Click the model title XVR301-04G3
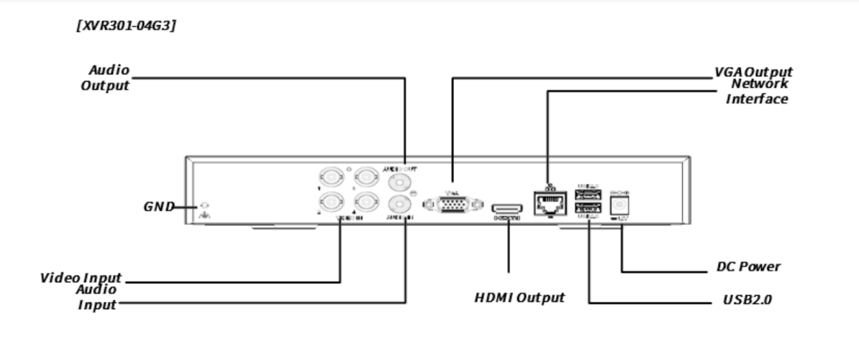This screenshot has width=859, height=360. [126, 26]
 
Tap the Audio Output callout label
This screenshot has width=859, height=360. [106, 78]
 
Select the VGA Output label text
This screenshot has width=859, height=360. [753, 72]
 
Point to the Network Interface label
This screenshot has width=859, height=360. [757, 92]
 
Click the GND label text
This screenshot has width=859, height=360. [159, 207]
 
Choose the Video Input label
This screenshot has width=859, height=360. [81, 278]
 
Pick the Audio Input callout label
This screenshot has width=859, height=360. [97, 298]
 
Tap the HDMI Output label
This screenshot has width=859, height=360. [519, 297]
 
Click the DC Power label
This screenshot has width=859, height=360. [748, 267]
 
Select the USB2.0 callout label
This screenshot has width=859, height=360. [747, 300]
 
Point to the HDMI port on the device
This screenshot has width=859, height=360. [507, 209]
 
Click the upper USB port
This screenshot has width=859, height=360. [588, 194]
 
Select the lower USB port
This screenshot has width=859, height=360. [588, 208]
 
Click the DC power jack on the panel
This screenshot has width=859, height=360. [619, 205]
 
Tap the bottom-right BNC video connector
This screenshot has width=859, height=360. [366, 203]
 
